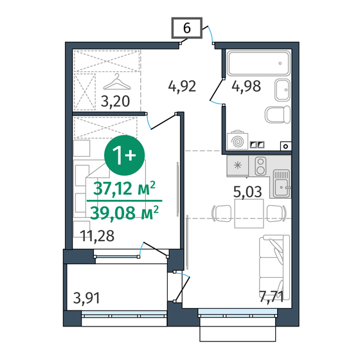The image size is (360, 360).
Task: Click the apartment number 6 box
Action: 186,28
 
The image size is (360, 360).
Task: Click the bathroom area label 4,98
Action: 247,86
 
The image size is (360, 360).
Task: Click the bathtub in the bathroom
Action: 256,64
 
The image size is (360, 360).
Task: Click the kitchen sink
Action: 280,186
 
